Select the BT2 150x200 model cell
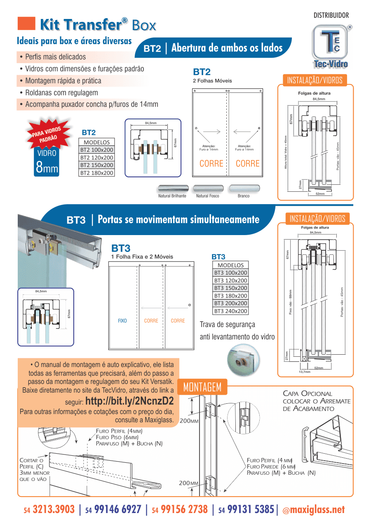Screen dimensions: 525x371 (x=96, y=165)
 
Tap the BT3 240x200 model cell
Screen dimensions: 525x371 (x=230, y=311)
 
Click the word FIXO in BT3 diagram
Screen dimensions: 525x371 (x=122, y=321)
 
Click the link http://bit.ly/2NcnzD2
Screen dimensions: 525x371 (x=129, y=401)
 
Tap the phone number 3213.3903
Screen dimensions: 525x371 (x=54, y=509)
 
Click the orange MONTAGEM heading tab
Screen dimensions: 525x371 (x=202, y=387)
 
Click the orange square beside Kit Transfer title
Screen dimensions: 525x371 (x=26, y=24)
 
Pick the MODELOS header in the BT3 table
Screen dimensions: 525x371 (x=230, y=265)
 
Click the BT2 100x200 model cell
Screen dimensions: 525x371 (x=96, y=150)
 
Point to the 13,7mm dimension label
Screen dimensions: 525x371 (x=305, y=372)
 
